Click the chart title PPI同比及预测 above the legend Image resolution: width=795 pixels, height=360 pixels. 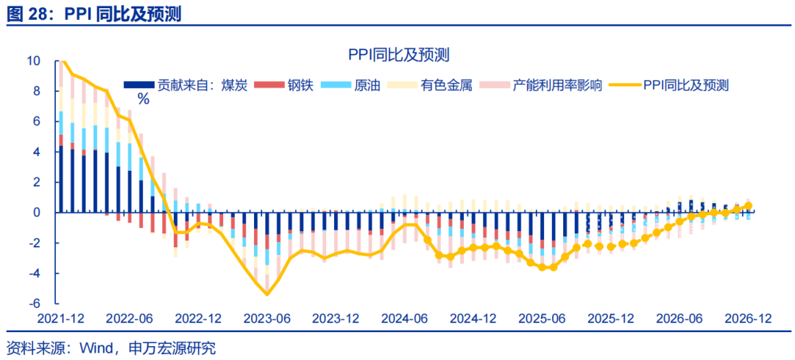coord(398,55)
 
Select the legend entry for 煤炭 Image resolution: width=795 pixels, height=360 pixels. coord(191,85)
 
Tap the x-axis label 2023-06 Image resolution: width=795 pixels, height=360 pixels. coord(267,319)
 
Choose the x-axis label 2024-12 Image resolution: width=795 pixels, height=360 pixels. coord(473,319)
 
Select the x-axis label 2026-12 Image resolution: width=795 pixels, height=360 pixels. coord(747,319)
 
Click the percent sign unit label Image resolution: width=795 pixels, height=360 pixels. coord(143,99)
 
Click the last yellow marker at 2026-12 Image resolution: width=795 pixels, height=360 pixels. coord(749,206)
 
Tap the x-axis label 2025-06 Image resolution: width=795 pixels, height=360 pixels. coord(543,319)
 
